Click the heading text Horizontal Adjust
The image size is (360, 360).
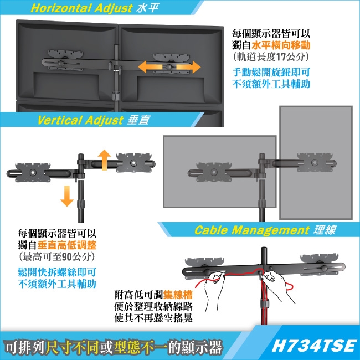click(81, 8)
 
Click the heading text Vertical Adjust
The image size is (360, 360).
click(80, 120)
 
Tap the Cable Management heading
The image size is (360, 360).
click(251, 230)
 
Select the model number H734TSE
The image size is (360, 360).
click(313, 346)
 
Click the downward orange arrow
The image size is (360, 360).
click(67, 196)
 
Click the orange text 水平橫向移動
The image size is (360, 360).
click(281, 45)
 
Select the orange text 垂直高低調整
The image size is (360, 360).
click(66, 245)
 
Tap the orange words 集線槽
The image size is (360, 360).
click(178, 295)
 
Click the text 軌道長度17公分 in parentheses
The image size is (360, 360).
click(271, 57)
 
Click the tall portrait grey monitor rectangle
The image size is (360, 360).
click(316, 163)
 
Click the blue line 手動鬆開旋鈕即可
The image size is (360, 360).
click(271, 73)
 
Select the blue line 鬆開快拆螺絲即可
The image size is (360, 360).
click(57, 272)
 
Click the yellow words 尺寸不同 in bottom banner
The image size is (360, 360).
click(74, 347)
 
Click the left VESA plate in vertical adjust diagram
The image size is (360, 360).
click(33, 172)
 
